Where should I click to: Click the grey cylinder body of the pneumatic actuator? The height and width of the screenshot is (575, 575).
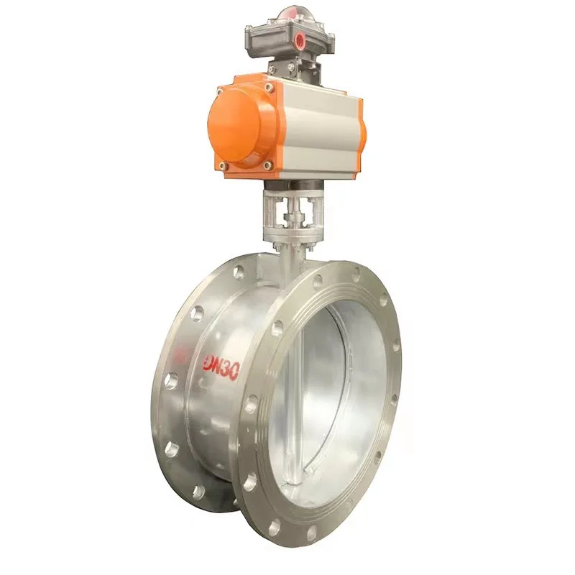click(x=320, y=129)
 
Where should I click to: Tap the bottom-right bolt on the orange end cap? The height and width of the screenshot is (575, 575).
click(x=268, y=166)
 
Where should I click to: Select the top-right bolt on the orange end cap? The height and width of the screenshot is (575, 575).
click(x=269, y=87)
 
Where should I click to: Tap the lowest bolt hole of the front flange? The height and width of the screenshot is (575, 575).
click(x=311, y=534)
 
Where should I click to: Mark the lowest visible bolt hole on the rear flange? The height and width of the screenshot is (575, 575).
click(x=198, y=492)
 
